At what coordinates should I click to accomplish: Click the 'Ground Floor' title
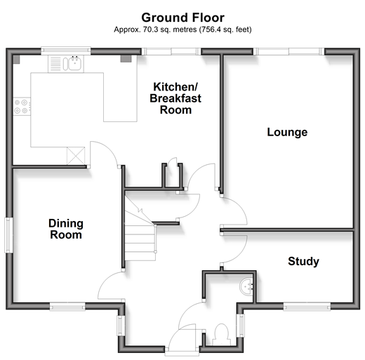[x=182, y=18]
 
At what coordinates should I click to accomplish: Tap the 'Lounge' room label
[x=287, y=133]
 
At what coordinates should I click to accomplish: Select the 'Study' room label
[x=303, y=262]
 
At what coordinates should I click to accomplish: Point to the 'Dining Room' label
[x=66, y=229]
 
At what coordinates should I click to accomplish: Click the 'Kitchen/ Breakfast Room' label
[x=175, y=98]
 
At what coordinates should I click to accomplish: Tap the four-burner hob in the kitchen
[x=22, y=106]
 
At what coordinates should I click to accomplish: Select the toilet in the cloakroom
[x=221, y=334]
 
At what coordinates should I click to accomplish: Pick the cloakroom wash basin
[x=246, y=286]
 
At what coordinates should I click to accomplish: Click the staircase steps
[x=140, y=236]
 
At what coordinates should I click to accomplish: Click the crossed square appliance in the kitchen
[x=76, y=156]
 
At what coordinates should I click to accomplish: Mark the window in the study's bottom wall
[x=307, y=307]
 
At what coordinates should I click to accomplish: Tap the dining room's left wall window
[x=9, y=235]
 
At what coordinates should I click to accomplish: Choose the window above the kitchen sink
[x=66, y=51]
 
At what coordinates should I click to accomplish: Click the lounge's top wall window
[x=289, y=51]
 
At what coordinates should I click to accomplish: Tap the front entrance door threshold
[x=182, y=352]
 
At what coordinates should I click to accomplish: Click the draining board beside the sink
[x=55, y=64]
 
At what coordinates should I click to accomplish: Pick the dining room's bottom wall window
[x=67, y=307]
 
